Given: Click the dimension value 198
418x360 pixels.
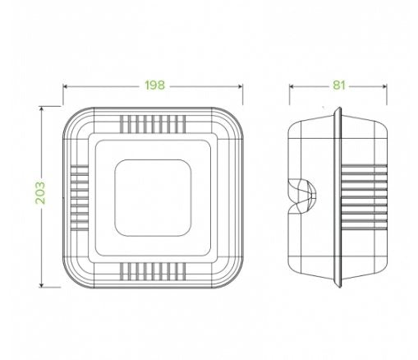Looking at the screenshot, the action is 155,85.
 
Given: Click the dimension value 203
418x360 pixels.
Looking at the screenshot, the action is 40,193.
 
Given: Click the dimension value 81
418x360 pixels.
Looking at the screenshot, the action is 339,85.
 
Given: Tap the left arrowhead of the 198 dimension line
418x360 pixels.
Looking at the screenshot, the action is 65,86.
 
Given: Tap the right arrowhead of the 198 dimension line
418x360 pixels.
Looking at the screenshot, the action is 241,86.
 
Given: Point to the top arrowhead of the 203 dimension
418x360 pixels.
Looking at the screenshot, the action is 41,108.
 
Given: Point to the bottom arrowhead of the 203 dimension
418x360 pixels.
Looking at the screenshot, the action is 41,285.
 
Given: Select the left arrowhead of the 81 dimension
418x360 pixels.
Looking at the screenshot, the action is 292,86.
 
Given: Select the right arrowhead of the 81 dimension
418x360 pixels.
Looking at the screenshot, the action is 384,86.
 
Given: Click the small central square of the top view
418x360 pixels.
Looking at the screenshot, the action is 153,198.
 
